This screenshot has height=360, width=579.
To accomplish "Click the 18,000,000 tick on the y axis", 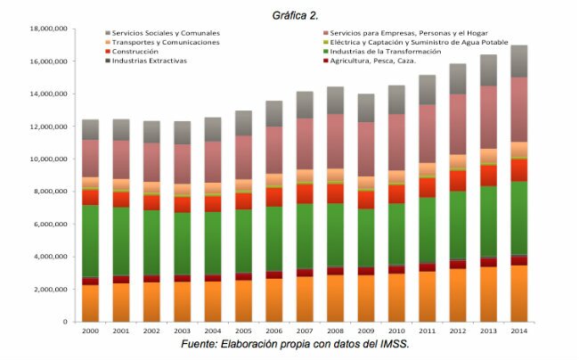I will coord(49,29).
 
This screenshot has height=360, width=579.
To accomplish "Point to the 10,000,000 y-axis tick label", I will coord(49,159).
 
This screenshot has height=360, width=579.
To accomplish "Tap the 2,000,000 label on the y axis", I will coord(52,289).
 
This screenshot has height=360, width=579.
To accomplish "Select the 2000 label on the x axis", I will coord(90,331).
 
